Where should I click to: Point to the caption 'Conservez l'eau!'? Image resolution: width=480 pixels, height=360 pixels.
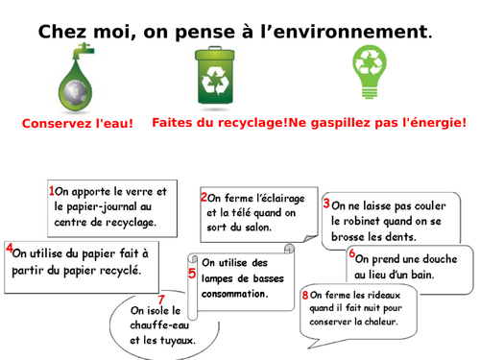coord(78,124)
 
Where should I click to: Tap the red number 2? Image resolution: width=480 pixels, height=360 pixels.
coord(204,197)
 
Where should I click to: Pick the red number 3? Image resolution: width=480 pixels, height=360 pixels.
coord(326,204)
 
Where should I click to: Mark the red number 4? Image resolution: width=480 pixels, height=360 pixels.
coord(9,249)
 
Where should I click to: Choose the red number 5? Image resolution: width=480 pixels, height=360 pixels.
coord(192,274)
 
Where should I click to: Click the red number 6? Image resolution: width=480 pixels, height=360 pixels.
coord(351,254)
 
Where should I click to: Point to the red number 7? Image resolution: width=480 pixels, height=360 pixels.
coord(160,300)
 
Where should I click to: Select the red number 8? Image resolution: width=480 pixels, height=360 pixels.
coord(304,296)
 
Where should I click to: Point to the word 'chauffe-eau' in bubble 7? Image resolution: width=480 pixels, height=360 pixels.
coord(156,324)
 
